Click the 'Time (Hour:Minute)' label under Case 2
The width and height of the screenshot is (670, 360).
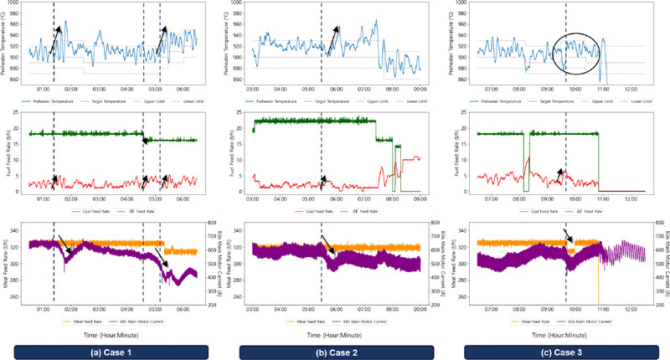point(336,333)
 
